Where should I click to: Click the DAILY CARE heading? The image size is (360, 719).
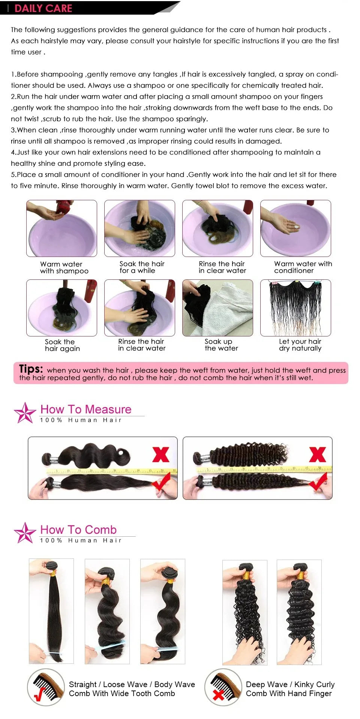click(43, 8)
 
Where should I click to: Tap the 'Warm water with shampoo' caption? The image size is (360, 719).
click(64, 267)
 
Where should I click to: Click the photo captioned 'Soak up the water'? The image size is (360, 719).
click(217, 308)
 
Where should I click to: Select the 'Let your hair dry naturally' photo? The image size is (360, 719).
click(295, 308)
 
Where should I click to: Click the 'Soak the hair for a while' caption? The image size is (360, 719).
click(141, 267)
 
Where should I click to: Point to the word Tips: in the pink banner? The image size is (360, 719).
click(31, 369)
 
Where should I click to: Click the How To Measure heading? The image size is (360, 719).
click(86, 409)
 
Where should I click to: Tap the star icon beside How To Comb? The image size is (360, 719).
click(25, 533)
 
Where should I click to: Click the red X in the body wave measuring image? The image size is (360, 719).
click(161, 454)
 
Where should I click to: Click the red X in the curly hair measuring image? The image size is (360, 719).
click(317, 454)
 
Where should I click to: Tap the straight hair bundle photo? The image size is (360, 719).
click(51, 611)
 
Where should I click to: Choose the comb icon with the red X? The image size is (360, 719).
click(223, 687)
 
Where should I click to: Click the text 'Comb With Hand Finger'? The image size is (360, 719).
click(289, 693)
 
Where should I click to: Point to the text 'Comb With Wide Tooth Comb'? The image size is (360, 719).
click(122, 693)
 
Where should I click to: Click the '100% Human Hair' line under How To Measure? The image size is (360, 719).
click(81, 420)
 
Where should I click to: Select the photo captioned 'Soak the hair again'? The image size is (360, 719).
click(61, 308)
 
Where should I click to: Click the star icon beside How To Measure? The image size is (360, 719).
click(25, 413)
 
